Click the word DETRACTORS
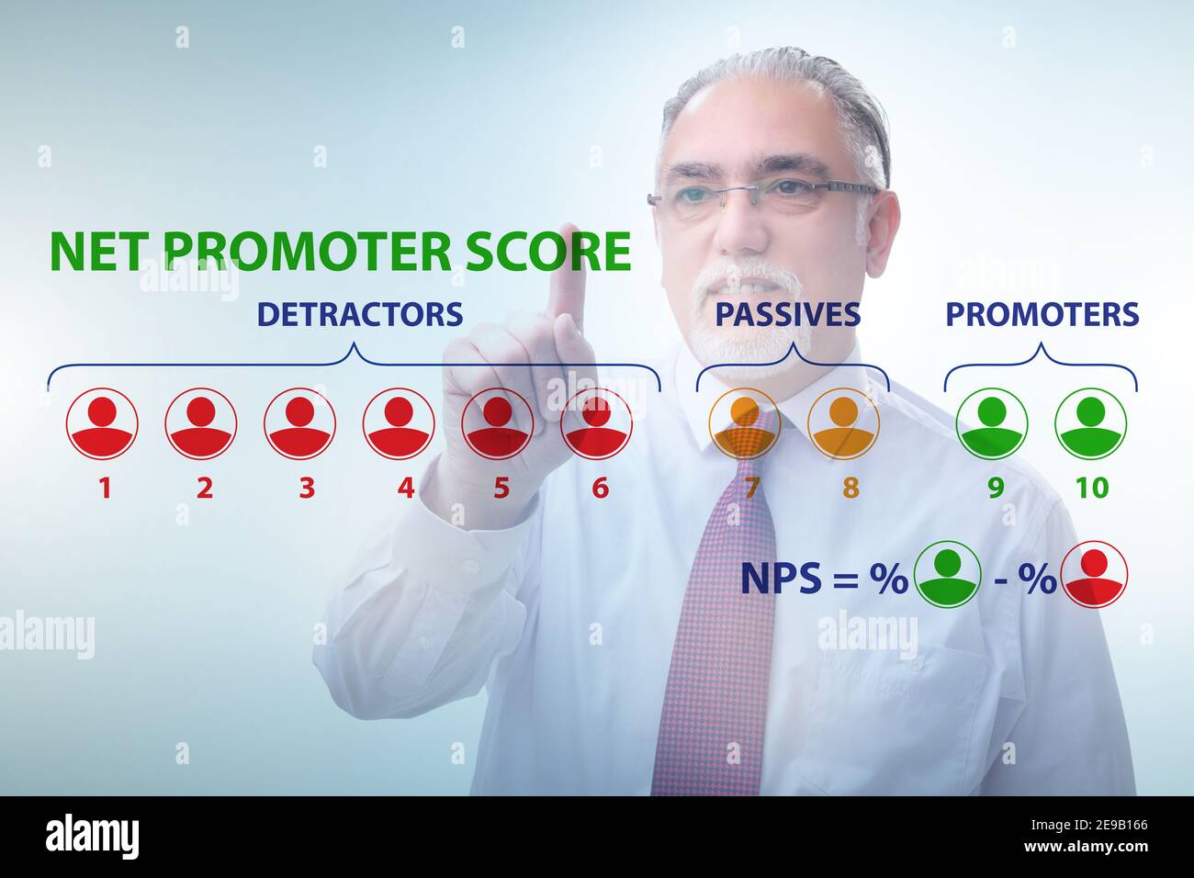(359, 314)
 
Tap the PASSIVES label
(787, 314)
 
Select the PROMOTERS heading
(1042, 314)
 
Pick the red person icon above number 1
(102, 423)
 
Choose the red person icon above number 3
(299, 423)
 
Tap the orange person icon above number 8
(842, 423)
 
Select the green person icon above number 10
(1090, 423)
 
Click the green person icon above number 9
(992, 423)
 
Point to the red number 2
(204, 487)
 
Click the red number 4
(406, 487)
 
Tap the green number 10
(1092, 487)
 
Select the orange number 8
(850, 487)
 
